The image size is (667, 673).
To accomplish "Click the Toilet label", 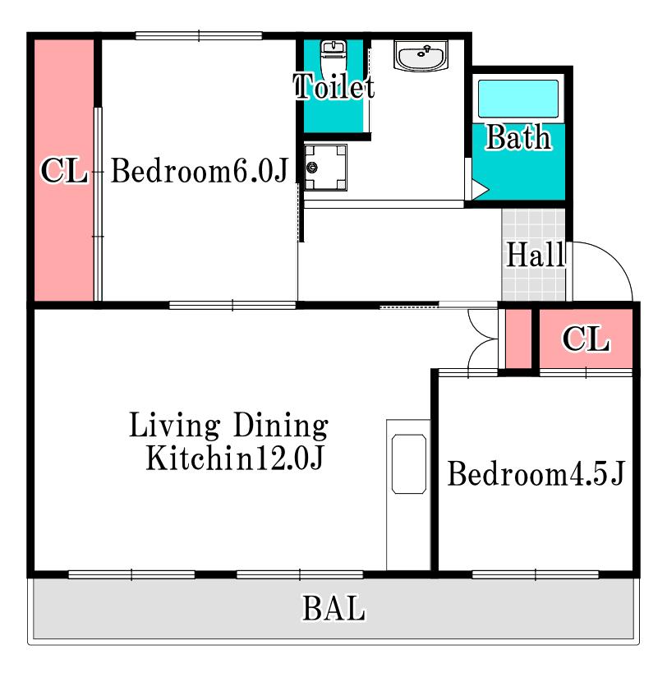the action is coord(334,87).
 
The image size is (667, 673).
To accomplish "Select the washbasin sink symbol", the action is coord(421,56).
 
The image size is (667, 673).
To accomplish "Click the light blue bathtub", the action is coord(518,99).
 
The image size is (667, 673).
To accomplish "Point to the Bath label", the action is coord(518,137).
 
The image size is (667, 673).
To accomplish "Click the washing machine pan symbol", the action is coord(325,168).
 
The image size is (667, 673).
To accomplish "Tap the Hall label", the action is coord(536,255).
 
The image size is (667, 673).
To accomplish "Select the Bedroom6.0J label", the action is coord(200,171).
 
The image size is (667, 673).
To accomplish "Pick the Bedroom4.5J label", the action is coord(536,473).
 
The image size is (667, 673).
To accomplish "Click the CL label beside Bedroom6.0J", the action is coord(64,170).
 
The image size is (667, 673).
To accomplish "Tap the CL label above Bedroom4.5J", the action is coord(586,339).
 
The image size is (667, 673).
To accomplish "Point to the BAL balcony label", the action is coord(333,608).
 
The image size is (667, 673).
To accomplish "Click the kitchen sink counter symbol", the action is coord(409,464).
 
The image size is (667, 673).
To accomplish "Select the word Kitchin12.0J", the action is coord(235,458).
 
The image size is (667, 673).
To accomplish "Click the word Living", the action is coord(175,426).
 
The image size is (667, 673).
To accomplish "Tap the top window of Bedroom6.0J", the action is coord(199,36).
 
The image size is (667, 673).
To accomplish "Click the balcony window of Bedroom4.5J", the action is coord(536,574).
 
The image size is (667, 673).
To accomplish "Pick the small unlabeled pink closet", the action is coord(518,339).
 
